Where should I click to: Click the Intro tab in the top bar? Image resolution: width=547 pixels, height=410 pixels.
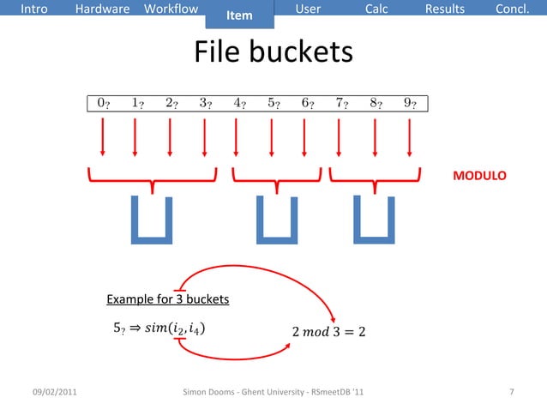[34, 9]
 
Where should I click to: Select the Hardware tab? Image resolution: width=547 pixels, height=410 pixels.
[103, 9]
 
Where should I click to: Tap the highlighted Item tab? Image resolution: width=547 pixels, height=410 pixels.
[239, 15]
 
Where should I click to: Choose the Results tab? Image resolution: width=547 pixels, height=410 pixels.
[445, 9]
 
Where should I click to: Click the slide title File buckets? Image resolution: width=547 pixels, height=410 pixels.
[273, 53]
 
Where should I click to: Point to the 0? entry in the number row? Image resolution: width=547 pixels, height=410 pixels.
[103, 105]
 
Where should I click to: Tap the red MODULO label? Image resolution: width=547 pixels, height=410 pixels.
[479, 176]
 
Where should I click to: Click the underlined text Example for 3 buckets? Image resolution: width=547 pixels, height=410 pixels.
[167, 299]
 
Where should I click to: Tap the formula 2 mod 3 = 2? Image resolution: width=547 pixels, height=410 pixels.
[328, 331]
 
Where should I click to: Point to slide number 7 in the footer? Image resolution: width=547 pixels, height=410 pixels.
[512, 393]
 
